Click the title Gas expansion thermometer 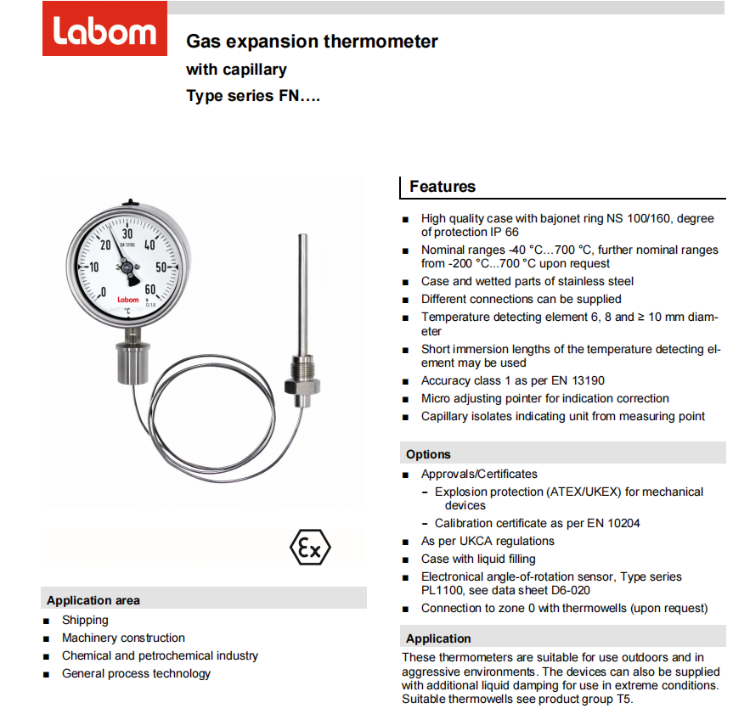(x=312, y=41)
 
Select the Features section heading (x=443, y=187)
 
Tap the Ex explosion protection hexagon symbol (x=310, y=548)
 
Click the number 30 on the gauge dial (x=127, y=233)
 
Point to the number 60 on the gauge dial (x=150, y=290)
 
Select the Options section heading (x=428, y=454)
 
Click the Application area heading (x=93, y=600)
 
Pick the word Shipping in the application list (x=85, y=620)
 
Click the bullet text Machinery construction (x=123, y=638)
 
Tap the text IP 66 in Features (x=503, y=232)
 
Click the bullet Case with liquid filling (x=478, y=559)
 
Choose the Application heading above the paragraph (x=438, y=638)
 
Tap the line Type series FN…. (x=253, y=96)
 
